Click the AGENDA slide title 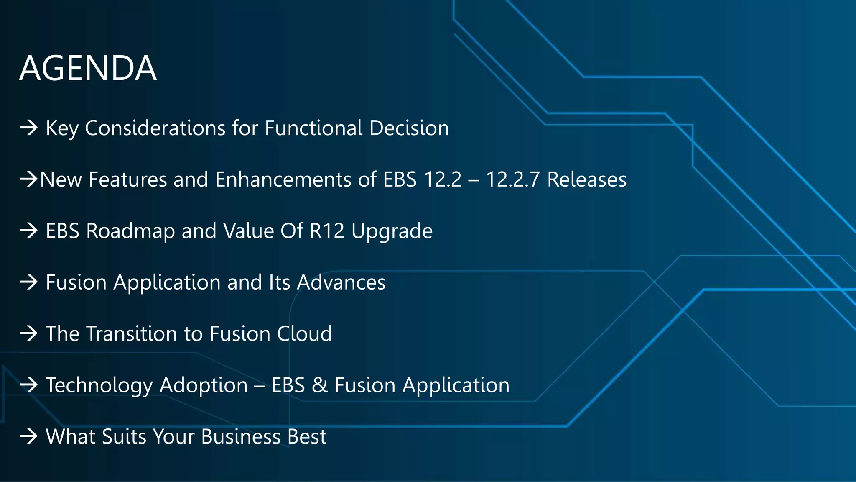88,68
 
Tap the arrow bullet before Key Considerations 29,128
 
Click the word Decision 409,128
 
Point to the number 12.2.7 512,179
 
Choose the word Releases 587,179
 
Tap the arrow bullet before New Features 29,179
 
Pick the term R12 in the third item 327,231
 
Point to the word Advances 341,282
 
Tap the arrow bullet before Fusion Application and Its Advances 29,282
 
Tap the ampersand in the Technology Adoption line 320,385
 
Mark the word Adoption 204,386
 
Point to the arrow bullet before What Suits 29,437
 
